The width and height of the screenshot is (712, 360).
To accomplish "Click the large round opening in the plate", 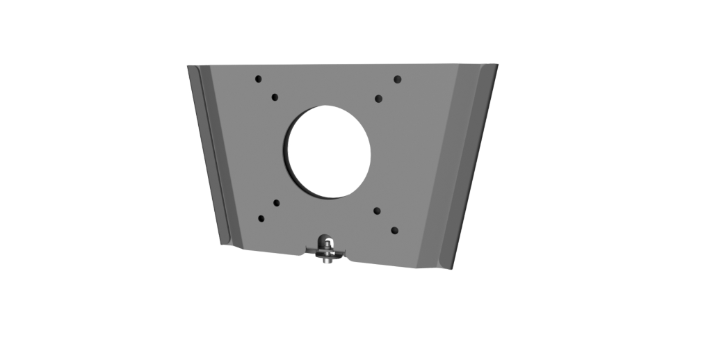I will tap(328, 152).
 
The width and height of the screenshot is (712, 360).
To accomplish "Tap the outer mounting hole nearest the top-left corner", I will tap(258, 79).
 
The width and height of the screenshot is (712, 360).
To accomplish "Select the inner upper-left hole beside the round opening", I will tap(275, 97).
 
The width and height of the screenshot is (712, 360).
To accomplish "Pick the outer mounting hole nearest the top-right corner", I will tap(398, 79).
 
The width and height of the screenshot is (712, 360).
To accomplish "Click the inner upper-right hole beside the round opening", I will tap(378, 99).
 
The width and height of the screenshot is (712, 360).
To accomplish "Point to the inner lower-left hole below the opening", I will tap(276, 203).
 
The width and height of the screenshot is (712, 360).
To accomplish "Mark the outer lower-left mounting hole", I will tap(261, 219).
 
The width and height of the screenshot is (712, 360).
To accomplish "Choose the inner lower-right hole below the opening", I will tap(377, 210).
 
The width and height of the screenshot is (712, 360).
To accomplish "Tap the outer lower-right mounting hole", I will tap(394, 229).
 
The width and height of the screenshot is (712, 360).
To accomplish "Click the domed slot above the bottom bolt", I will tap(325, 242).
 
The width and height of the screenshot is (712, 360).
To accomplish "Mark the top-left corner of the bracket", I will tap(188, 67).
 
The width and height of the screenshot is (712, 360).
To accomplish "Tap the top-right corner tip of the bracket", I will tap(497, 65).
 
